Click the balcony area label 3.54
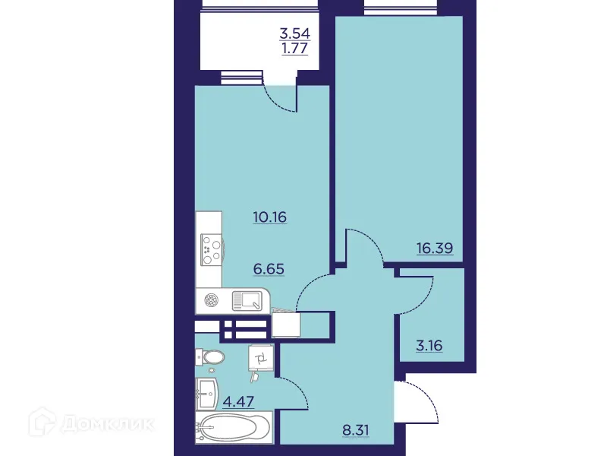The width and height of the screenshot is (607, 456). pos(294,34)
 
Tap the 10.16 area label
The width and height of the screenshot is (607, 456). pos(269,216)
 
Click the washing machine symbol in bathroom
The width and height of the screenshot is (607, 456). pos(260,358)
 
